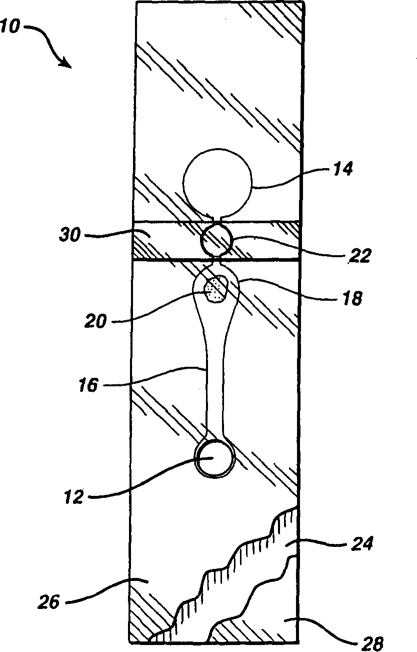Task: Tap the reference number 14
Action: pyautogui.click(x=342, y=170)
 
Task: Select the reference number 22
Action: pyautogui.click(x=360, y=256)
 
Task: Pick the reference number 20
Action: pyautogui.click(x=95, y=321)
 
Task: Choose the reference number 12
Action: pyautogui.click(x=74, y=498)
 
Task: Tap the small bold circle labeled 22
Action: pyautogui.click(x=216, y=240)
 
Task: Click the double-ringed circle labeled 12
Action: pyautogui.click(x=214, y=458)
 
